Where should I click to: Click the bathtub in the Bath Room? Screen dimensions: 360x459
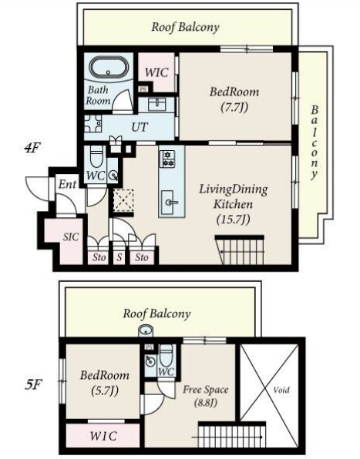[109, 67]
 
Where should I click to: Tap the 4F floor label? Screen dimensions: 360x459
[32, 148]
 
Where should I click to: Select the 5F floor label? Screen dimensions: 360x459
[33, 384]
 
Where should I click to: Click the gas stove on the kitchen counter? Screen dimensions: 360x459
[167, 159]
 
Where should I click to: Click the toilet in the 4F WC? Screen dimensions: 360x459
[96, 156]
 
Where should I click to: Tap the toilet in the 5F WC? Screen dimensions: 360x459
[166, 355]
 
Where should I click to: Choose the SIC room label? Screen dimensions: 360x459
[71, 236]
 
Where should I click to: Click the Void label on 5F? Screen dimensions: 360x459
[281, 390]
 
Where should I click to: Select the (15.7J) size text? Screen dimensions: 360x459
[233, 219]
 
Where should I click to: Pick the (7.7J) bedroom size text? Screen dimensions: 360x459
[234, 107]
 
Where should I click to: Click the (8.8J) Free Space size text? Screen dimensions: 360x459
[206, 403]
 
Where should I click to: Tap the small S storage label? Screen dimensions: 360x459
[119, 257]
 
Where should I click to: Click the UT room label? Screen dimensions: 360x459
[140, 127]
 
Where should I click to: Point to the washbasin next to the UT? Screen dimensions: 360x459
[156, 105]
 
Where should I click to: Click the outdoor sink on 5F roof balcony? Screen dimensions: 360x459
[146, 331]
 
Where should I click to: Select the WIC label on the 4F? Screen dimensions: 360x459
[156, 72]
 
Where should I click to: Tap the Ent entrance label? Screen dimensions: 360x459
[67, 184]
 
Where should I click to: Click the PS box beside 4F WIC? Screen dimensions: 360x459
[143, 89]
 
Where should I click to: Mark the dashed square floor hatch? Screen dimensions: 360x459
[123, 200]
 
